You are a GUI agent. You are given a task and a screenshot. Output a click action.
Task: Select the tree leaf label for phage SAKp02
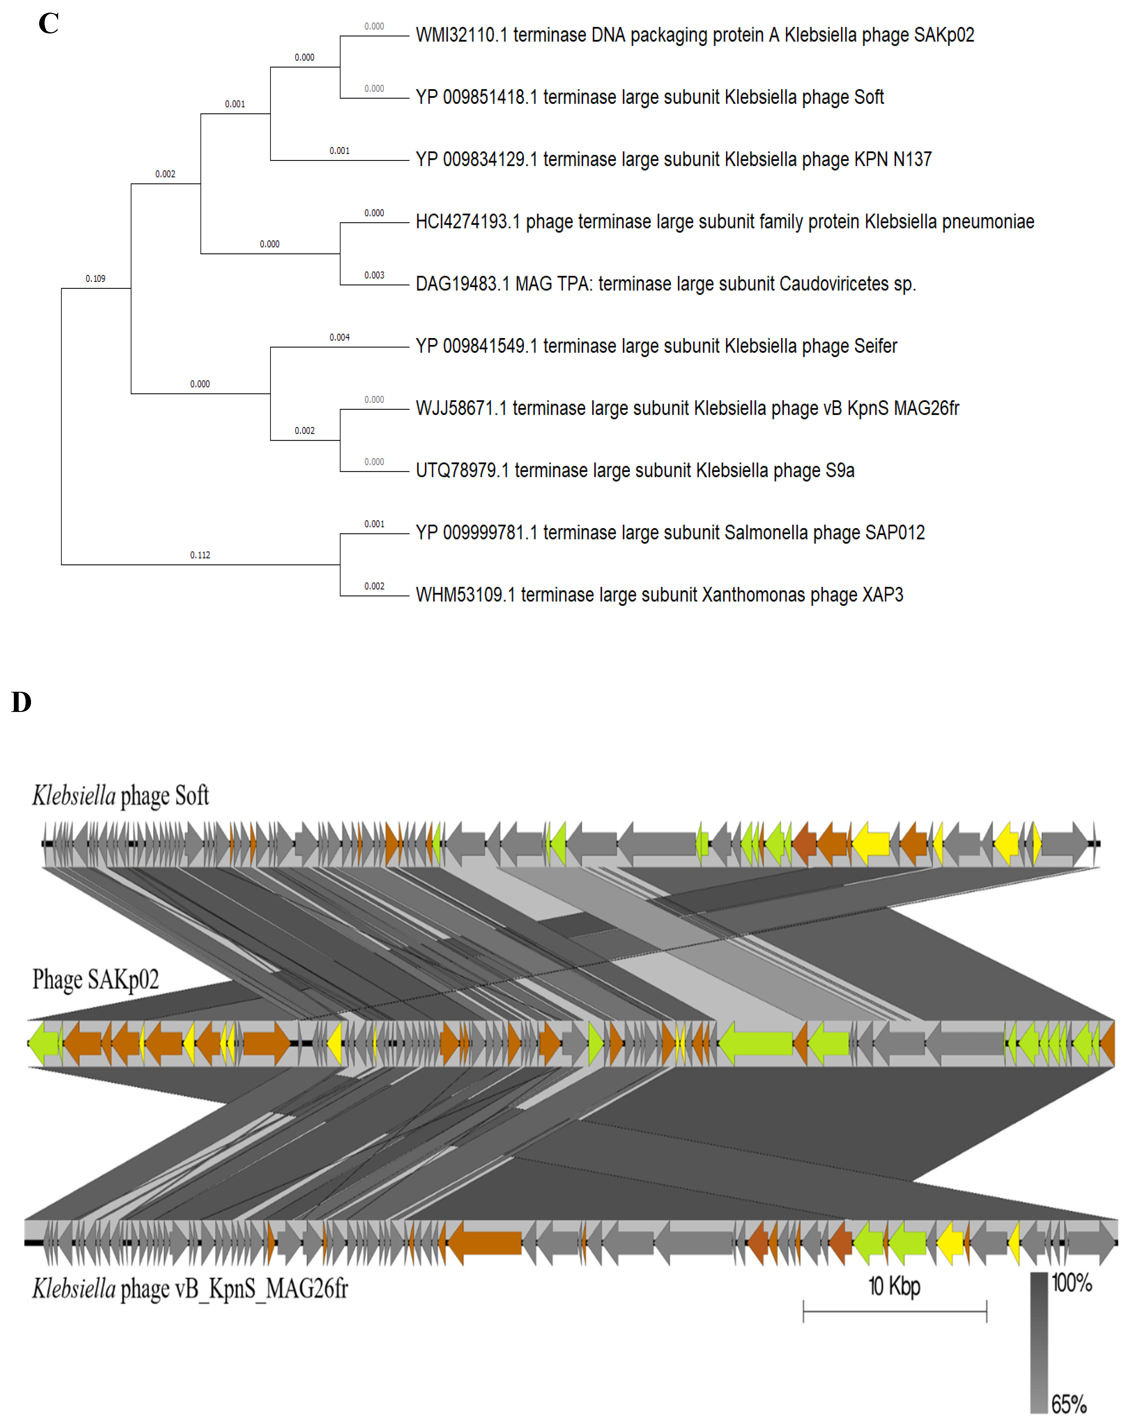[x=694, y=35]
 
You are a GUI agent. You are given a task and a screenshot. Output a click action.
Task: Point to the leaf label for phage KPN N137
[x=673, y=159]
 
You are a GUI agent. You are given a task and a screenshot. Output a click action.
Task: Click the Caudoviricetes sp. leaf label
[x=665, y=284]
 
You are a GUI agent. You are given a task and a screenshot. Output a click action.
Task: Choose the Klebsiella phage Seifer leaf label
[x=656, y=346]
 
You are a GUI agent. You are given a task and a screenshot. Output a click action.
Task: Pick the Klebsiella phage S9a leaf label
[x=635, y=470]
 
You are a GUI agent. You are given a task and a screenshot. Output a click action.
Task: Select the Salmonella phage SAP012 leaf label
[x=670, y=532]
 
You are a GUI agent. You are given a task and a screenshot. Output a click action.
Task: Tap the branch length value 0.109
[x=95, y=278]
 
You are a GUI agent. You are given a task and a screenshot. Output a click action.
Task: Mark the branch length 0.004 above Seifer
[x=339, y=337]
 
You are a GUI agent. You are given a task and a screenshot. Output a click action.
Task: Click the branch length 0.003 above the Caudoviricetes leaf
[x=374, y=275]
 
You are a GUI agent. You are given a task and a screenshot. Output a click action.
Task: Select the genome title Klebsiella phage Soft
[x=120, y=796]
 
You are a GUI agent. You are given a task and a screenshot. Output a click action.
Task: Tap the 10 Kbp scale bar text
[x=894, y=1287]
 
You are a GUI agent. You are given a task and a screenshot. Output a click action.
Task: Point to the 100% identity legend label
[x=1071, y=1283]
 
